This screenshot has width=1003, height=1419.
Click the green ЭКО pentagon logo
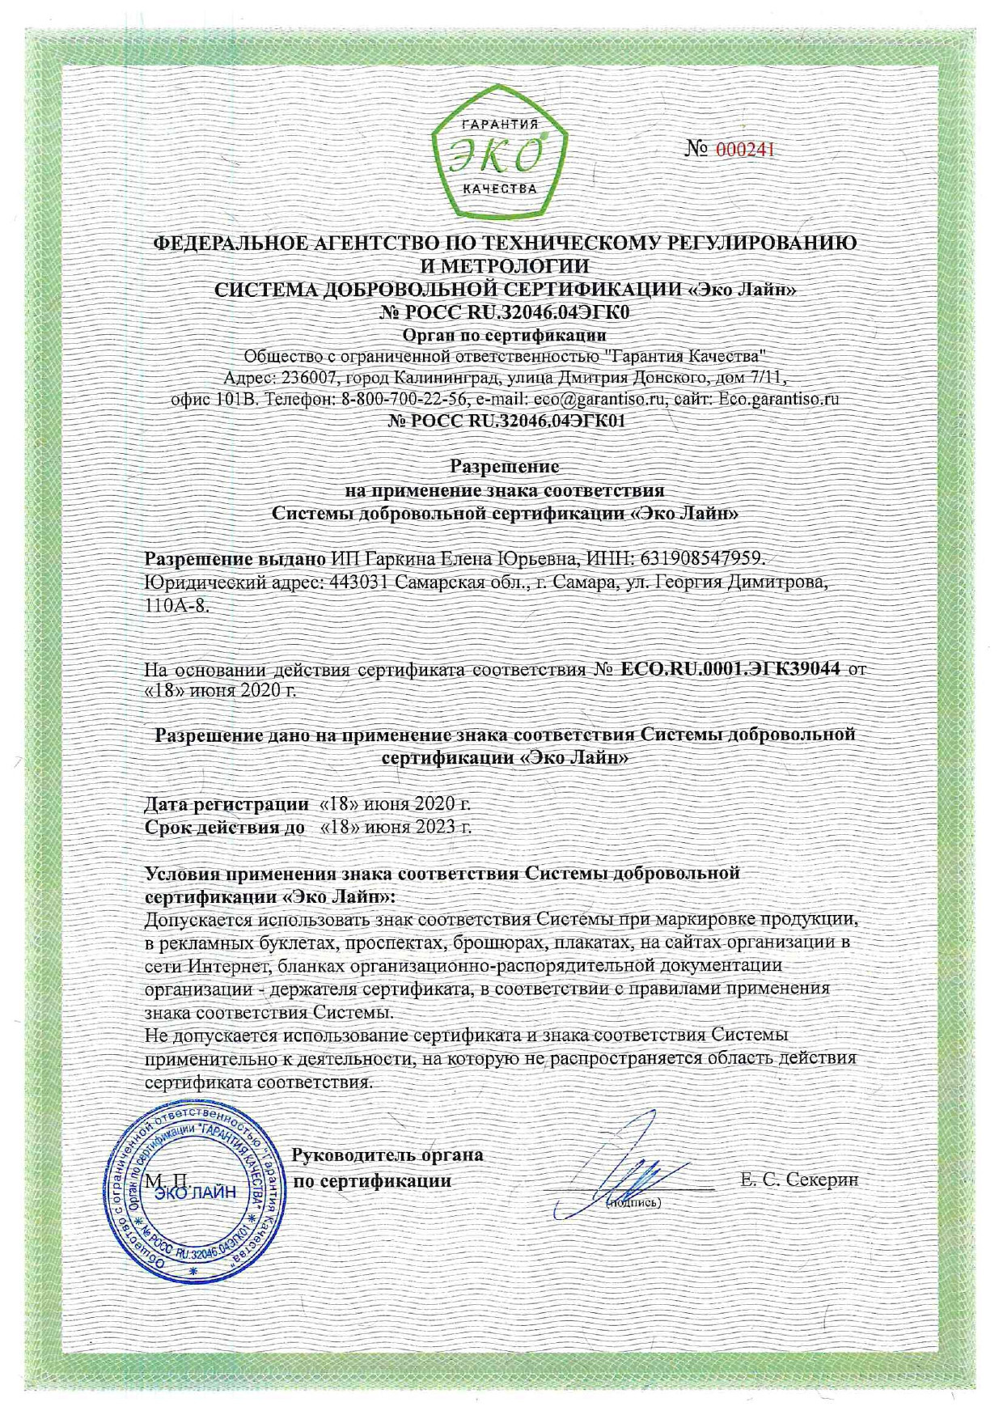point(500,159)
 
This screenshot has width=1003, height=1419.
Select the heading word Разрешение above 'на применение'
point(505,467)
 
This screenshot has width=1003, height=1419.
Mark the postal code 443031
point(361,582)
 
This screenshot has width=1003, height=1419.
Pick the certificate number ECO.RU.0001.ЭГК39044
point(730,669)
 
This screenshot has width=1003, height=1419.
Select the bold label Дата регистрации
point(226,804)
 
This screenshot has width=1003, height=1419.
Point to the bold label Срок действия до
point(225,827)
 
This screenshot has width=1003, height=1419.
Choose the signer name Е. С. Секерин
point(798,1180)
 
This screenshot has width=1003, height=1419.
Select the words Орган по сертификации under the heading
point(504,334)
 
